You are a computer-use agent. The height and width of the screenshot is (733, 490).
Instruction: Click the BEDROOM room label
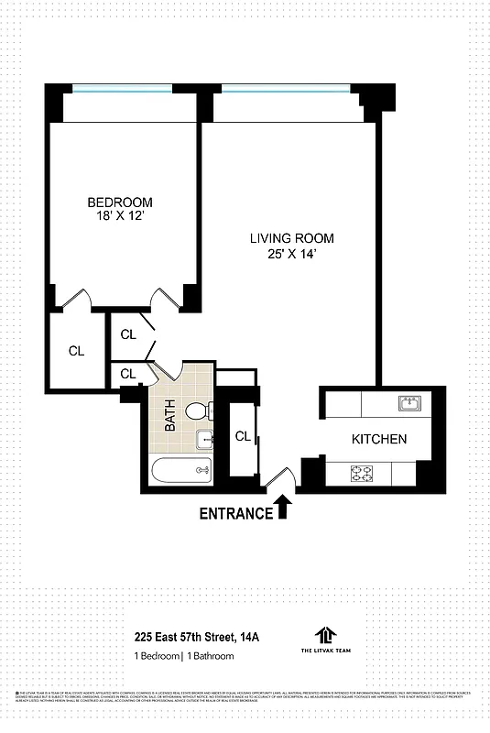point(120,202)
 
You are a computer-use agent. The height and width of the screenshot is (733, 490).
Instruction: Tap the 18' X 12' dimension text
point(120,216)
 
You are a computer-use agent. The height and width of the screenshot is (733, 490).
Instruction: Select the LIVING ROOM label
point(289,238)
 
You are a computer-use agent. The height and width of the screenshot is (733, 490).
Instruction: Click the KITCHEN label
point(379,439)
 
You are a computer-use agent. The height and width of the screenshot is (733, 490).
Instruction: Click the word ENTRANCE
point(236,513)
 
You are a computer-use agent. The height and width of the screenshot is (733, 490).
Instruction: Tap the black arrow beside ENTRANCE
point(283,506)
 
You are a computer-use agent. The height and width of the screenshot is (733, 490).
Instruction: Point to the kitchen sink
point(408,403)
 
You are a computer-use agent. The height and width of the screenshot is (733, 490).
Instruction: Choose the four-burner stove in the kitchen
point(362,474)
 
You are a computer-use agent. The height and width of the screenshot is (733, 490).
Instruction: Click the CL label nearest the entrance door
point(243,437)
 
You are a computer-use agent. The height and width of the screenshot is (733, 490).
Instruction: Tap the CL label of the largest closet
point(76,350)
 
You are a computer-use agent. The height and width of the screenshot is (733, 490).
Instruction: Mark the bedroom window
point(122,89)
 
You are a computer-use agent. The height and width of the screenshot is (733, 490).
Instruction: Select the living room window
point(284,89)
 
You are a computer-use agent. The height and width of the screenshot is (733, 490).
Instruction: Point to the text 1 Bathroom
point(218,655)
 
